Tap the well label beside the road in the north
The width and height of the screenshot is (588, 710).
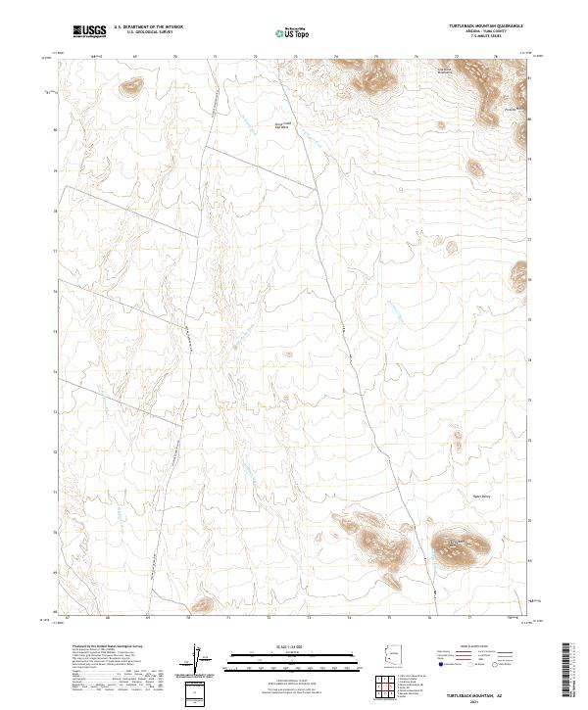(x=281, y=124)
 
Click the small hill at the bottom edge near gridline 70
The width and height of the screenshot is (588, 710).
(x=202, y=606)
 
